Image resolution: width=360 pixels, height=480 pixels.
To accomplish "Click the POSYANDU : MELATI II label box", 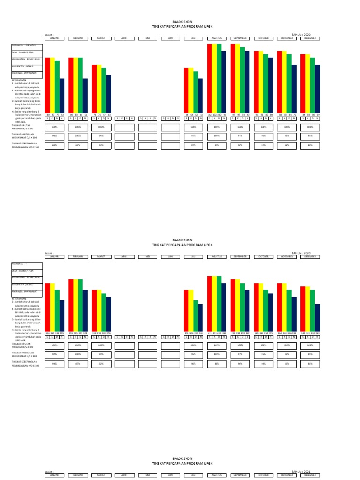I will (x=27, y=46).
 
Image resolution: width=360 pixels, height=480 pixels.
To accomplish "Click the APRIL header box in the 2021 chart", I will (x=124, y=475).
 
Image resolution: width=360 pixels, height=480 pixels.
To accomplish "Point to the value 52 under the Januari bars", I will (x=63, y=115).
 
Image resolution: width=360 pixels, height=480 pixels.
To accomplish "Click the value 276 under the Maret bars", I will (x=109, y=333).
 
